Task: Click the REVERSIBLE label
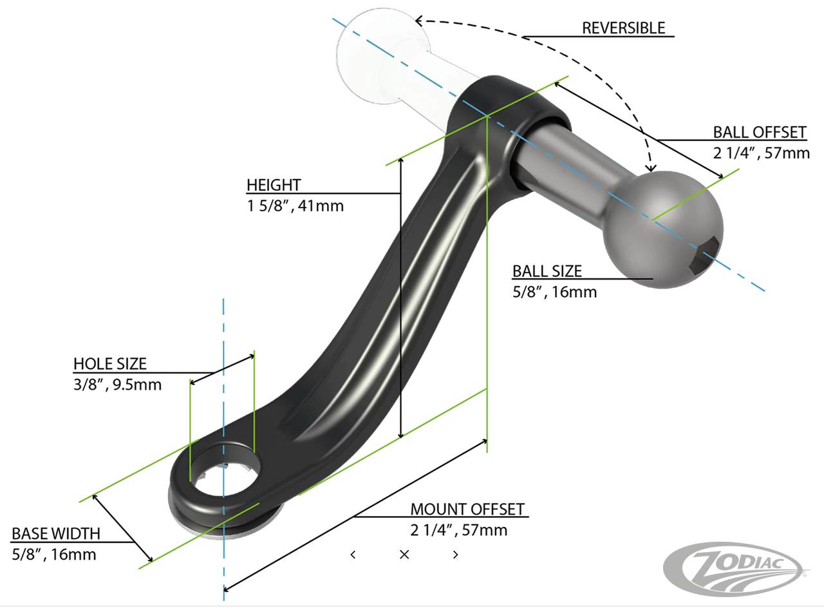(623, 28)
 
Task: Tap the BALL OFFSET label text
(759, 133)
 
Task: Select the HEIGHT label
(273, 186)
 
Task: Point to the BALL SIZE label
(547, 271)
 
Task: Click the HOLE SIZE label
(109, 364)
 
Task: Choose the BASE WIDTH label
(56, 533)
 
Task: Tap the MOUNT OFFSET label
(467, 510)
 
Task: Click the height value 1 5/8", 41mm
(295, 207)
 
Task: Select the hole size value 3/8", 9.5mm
(117, 385)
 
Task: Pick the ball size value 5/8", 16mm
(554, 292)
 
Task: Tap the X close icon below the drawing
(404, 555)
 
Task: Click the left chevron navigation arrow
(353, 555)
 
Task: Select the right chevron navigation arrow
(456, 555)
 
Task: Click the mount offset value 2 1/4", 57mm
(459, 531)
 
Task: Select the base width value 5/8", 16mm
(53, 554)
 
